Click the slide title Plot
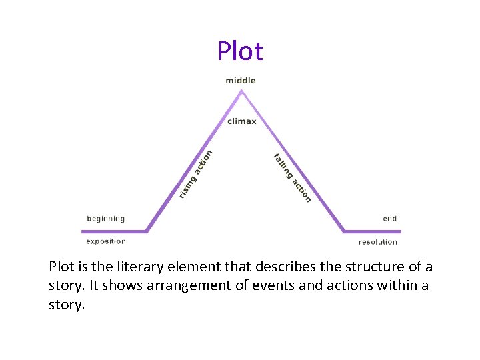(240, 51)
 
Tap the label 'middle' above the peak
(241, 81)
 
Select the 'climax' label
(241, 121)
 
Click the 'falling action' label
(292, 177)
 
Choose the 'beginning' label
(105, 219)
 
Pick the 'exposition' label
(106, 241)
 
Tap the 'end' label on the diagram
(389, 219)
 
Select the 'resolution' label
(378, 242)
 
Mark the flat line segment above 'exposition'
(113, 231)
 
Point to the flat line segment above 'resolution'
(372, 231)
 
